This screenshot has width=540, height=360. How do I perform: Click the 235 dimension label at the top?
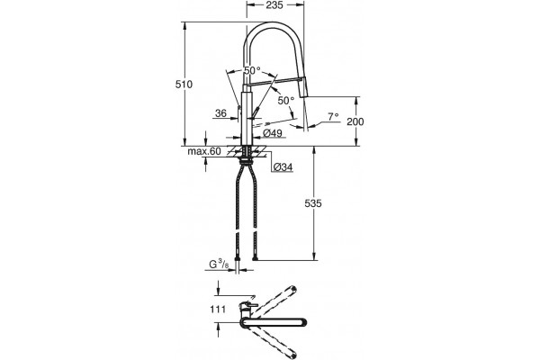point(274,5)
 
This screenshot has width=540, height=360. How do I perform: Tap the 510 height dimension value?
point(184,84)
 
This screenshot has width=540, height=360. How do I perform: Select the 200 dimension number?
point(355,121)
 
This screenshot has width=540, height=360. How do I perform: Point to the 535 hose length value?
point(313,203)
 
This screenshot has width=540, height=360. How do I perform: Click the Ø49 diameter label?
point(273,133)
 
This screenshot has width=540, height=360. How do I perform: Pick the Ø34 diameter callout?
point(283,167)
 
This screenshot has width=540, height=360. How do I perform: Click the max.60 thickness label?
point(204,151)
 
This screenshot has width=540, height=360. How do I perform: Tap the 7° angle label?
point(333,117)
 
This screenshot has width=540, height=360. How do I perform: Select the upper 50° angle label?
point(252,70)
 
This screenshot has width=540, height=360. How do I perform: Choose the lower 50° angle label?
point(286,101)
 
